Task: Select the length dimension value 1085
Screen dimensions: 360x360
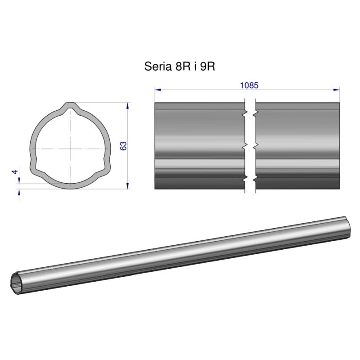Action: pyautogui.click(x=249, y=85)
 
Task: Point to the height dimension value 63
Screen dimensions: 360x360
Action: pyautogui.click(x=124, y=146)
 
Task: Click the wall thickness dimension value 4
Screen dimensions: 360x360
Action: pyautogui.click(x=15, y=172)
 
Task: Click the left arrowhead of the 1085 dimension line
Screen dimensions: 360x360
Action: pyautogui.click(x=157, y=90)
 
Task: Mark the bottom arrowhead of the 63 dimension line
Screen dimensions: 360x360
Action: pyautogui.click(x=128, y=185)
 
